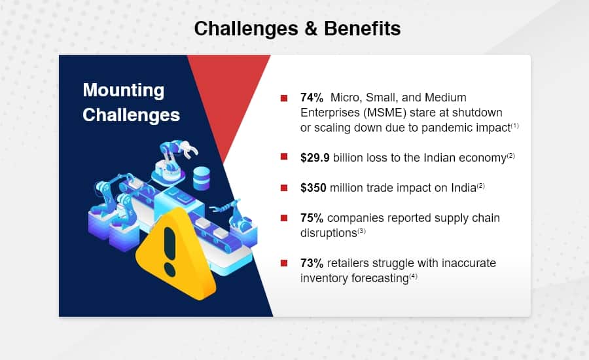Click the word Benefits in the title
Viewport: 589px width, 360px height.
pyautogui.click(x=362, y=29)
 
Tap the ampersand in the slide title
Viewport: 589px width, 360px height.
pyautogui.click(x=311, y=29)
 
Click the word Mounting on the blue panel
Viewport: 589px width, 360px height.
pyautogui.click(x=124, y=91)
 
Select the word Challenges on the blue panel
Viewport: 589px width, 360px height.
pyautogui.click(x=131, y=115)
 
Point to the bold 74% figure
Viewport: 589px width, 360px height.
pyautogui.click(x=312, y=98)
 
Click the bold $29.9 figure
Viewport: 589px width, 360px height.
pyautogui.click(x=315, y=158)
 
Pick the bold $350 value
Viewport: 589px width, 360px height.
pyautogui.click(x=313, y=187)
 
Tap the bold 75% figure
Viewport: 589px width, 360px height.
pyautogui.click(x=312, y=218)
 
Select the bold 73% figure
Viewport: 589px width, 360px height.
pyautogui.click(x=312, y=263)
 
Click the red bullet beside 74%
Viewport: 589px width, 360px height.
pyautogui.click(x=284, y=98)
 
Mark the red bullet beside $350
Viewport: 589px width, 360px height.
pyautogui.click(x=284, y=187)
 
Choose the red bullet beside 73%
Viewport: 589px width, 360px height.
pyautogui.click(x=284, y=263)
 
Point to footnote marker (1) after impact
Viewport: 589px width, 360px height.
pyautogui.click(x=515, y=126)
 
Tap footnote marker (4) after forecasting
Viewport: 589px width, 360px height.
pyautogui.click(x=414, y=276)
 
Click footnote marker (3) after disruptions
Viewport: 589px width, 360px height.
pyautogui.click(x=361, y=231)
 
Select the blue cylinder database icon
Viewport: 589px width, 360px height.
pyautogui.click(x=202, y=179)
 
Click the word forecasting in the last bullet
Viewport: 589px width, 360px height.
pyautogui.click(x=380, y=278)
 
